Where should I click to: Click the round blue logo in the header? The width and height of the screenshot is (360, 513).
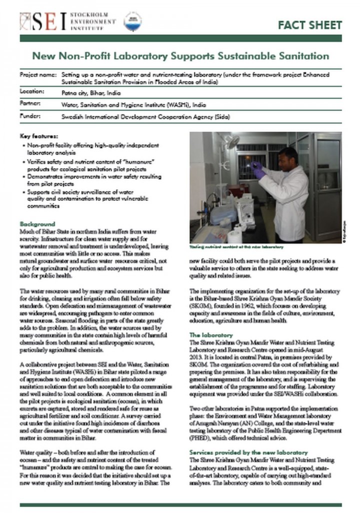coord(133,21)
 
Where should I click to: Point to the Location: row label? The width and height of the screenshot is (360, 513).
coord(32,92)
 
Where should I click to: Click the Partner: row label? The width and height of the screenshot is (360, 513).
coord(31,104)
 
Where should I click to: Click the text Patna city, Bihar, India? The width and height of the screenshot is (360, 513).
coord(90,92)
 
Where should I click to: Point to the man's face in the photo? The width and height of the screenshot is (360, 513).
coord(287,158)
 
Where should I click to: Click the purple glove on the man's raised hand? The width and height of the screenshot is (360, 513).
coord(259,171)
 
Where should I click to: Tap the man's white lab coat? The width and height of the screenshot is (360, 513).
coord(290,200)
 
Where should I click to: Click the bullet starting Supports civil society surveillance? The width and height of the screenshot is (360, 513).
coord(87,198)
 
